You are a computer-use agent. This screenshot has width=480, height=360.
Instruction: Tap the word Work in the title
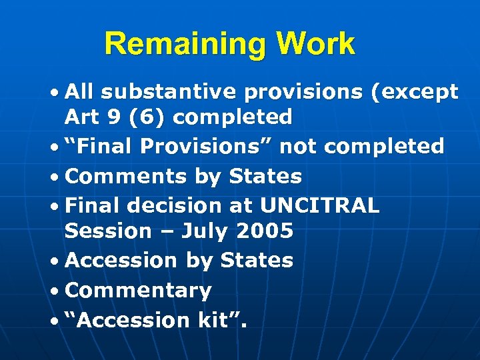click(316, 45)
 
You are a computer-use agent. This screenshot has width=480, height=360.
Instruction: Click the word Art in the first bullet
click(81, 117)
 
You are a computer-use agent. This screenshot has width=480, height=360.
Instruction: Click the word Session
click(108, 231)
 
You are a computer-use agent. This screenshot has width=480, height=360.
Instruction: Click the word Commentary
click(139, 291)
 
